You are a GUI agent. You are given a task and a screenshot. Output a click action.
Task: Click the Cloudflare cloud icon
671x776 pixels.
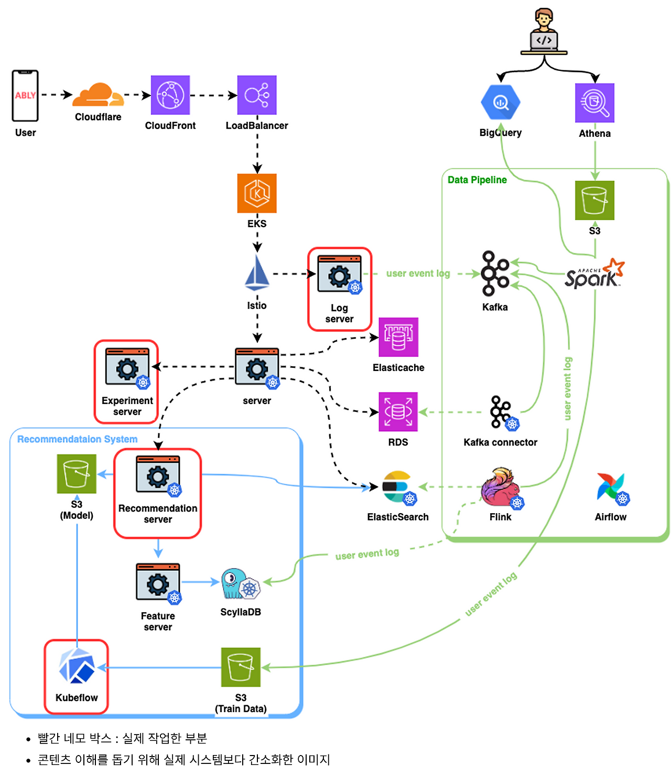98,95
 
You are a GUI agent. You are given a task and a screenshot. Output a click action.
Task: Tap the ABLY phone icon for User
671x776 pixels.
25,95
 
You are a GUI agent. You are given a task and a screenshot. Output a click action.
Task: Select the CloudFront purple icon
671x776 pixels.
170,95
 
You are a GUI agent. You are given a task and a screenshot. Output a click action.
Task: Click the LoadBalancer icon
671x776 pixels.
257,95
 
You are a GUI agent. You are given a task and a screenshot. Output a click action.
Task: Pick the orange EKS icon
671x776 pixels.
257,193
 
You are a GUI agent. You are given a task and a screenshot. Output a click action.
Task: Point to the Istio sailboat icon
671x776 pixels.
257,273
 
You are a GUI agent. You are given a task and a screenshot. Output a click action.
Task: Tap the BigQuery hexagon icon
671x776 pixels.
501,102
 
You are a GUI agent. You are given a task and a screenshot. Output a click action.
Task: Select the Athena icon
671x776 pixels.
594,103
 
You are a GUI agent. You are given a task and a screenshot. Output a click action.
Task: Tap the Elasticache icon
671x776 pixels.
398,337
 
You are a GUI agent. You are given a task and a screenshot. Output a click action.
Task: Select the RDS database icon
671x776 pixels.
398,412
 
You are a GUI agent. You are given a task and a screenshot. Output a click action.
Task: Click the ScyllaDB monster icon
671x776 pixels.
241,583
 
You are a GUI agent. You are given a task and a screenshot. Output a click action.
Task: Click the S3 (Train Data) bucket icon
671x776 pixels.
241,667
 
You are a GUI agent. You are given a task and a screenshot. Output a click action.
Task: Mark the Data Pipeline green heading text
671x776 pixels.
477,180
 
